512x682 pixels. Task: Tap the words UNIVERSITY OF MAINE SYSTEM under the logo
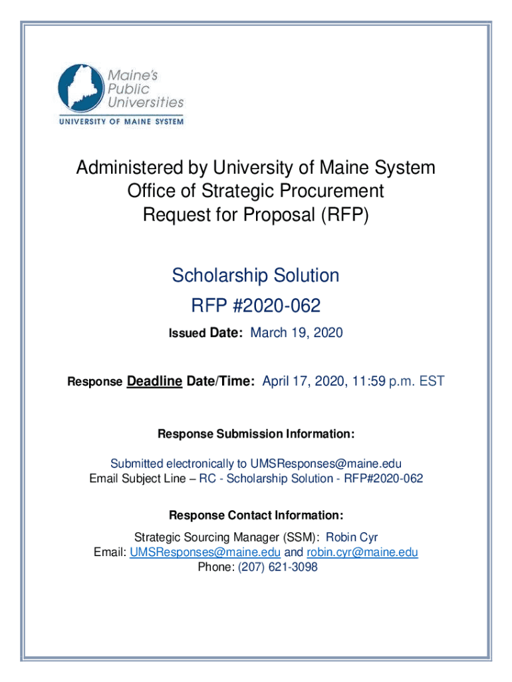click(x=121, y=121)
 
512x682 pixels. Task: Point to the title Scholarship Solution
click(x=256, y=275)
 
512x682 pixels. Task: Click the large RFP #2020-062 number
click(x=256, y=306)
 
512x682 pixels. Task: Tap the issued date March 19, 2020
click(x=296, y=332)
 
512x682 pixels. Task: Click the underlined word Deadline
click(x=154, y=381)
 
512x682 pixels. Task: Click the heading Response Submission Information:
click(x=256, y=434)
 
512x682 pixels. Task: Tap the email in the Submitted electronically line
click(x=326, y=464)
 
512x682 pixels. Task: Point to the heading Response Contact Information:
click(x=256, y=515)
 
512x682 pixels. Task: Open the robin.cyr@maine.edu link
click(x=362, y=552)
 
